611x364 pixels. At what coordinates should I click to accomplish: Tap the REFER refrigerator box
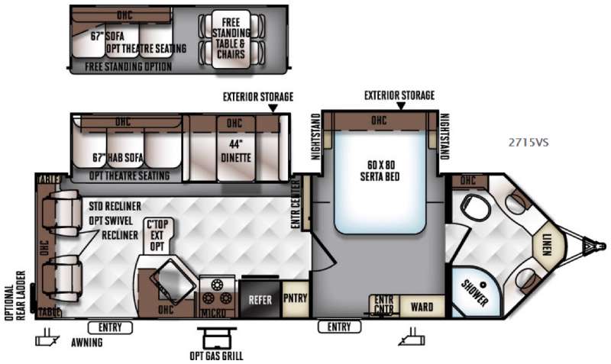coord(257,300)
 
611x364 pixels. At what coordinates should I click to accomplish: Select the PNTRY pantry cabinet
coord(295,297)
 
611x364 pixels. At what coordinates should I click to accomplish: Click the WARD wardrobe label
coord(421,308)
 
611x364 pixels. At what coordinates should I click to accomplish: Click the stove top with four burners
coord(217,292)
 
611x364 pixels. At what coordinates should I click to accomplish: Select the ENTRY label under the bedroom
coord(339,327)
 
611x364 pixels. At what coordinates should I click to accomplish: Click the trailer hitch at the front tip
coord(592,246)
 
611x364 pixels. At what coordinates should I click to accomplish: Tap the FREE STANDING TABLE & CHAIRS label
coord(231,32)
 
